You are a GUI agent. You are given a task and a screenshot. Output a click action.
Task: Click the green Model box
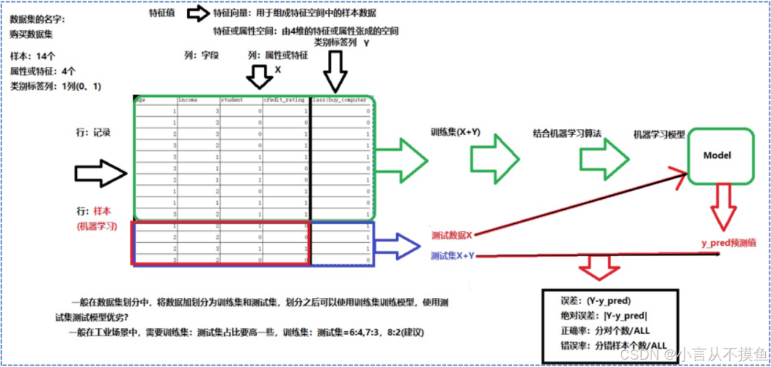coord(717,156)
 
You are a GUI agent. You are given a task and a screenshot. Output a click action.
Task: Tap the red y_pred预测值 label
coord(728,243)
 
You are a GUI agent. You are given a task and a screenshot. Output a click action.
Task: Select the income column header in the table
coord(189,100)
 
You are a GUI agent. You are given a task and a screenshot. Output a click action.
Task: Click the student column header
coord(233,100)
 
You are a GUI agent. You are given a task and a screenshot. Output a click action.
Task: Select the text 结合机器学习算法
coord(567,134)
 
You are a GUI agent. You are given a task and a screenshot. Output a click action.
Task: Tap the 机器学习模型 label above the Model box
coord(659,135)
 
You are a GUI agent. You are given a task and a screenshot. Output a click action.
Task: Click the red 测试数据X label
coord(452,235)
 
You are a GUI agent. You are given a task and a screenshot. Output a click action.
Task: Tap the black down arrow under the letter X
coord(257,76)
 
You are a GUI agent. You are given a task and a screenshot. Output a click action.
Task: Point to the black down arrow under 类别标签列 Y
coord(335,72)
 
